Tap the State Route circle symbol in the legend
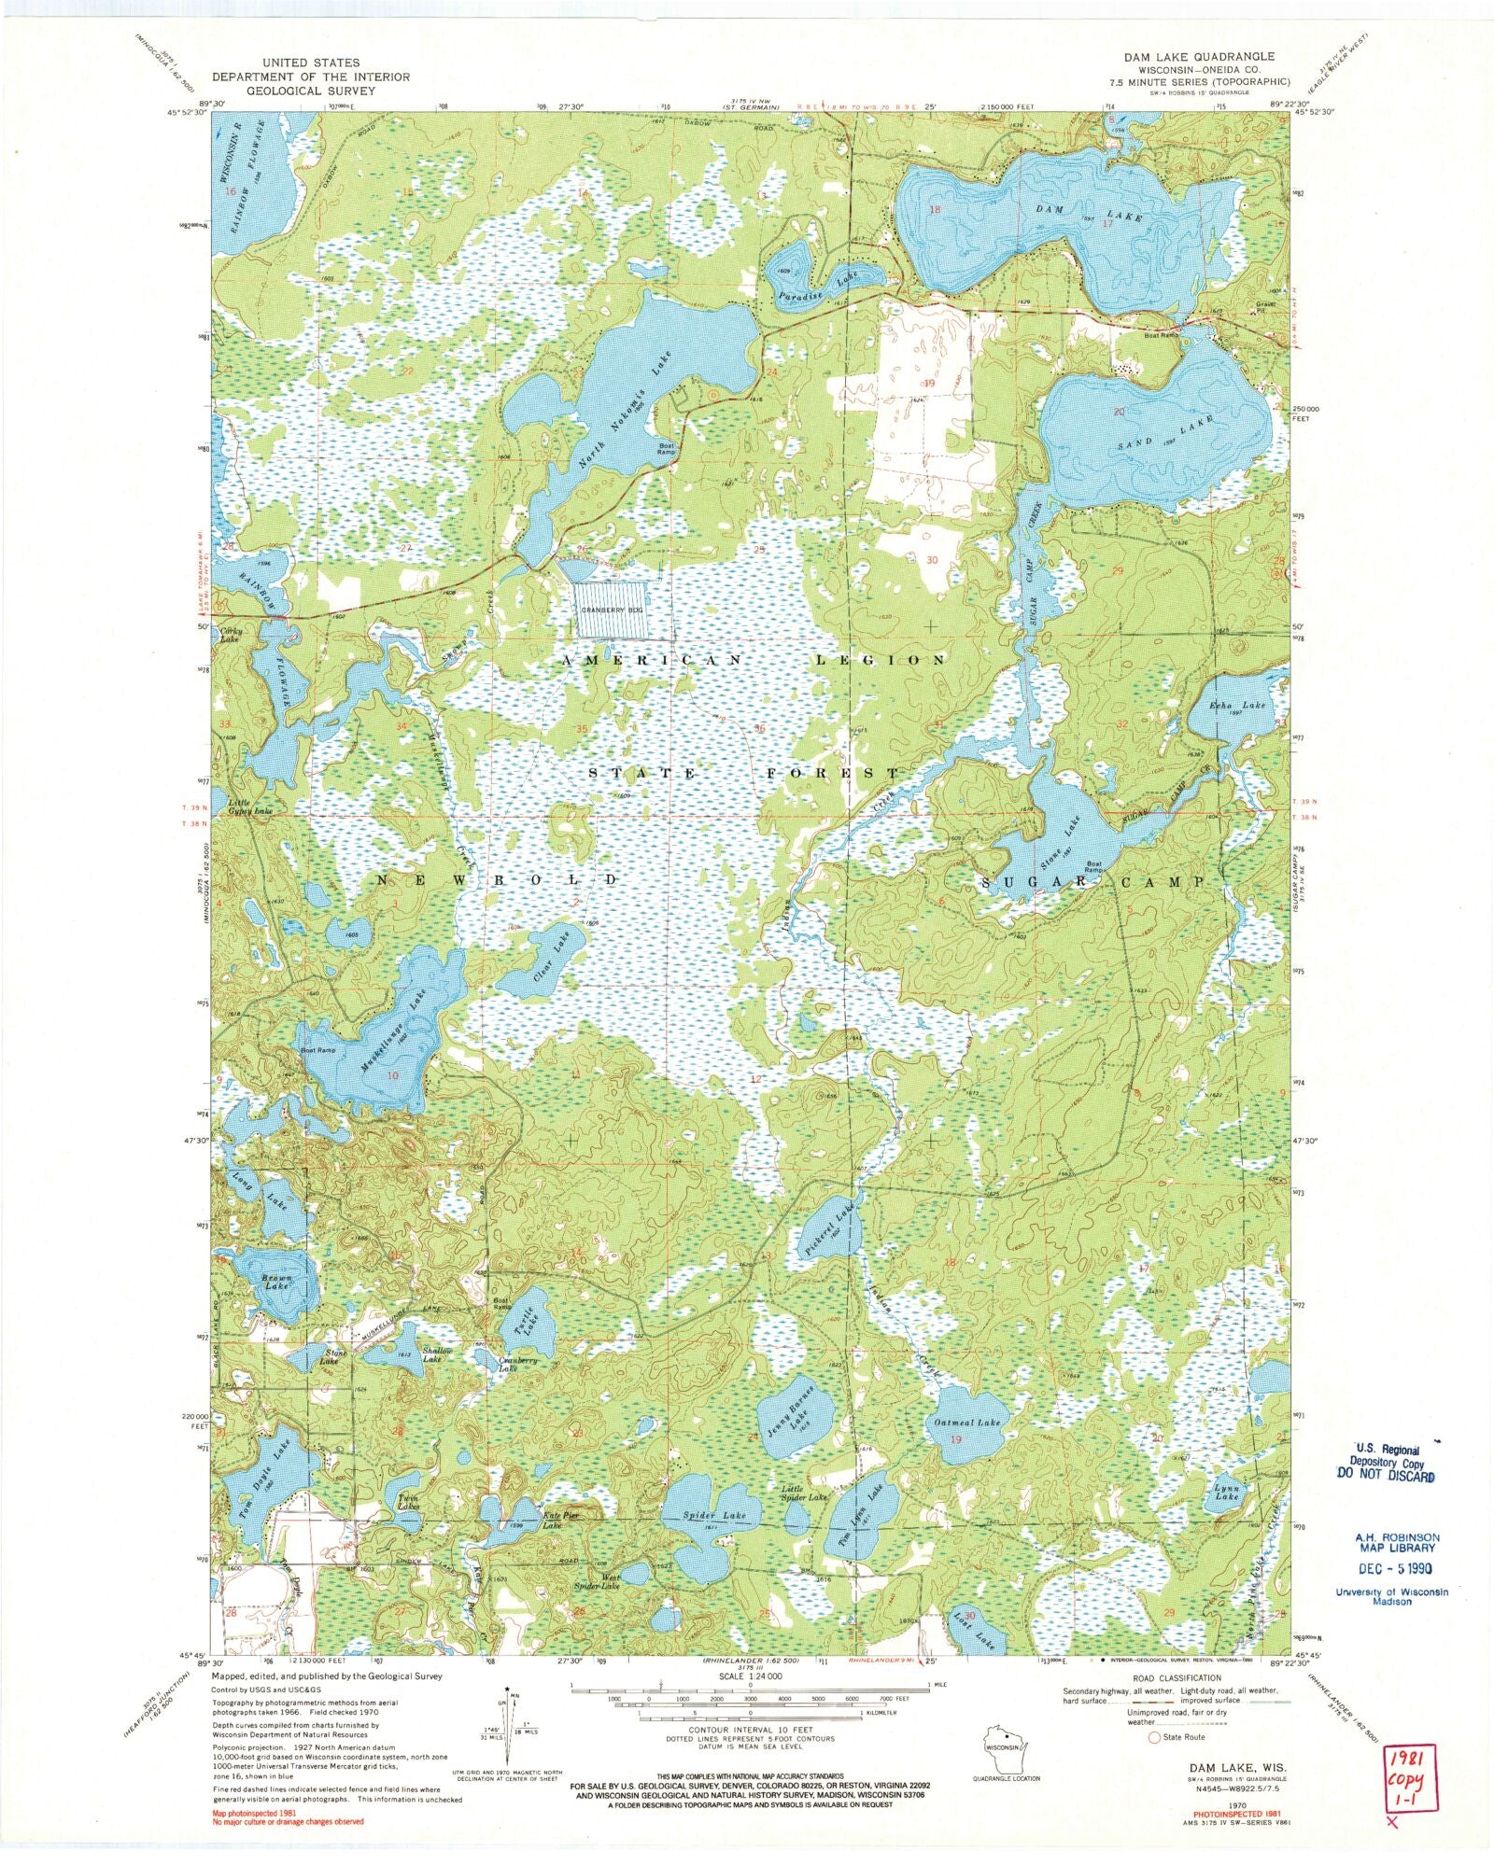click(x=1156, y=1737)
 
